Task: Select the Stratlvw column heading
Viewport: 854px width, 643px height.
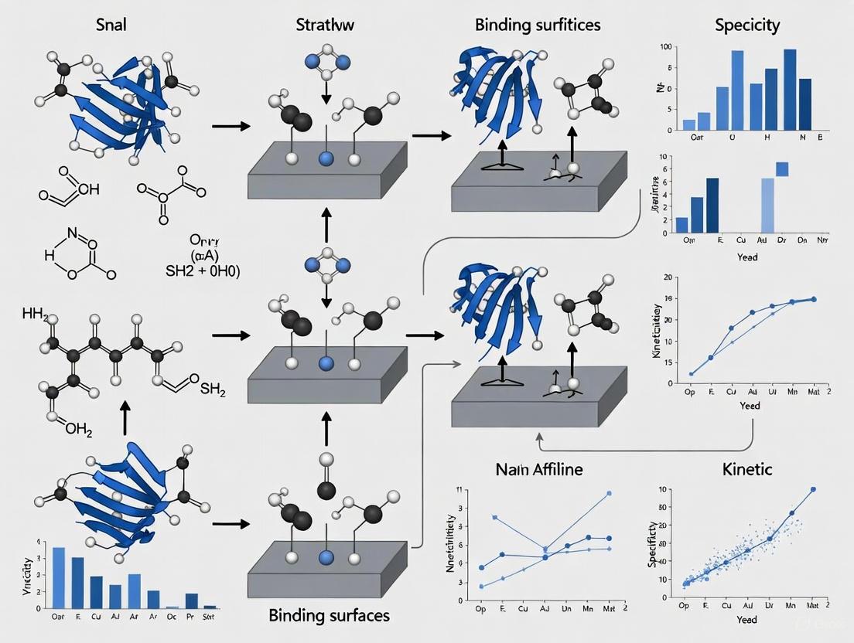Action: point(326,24)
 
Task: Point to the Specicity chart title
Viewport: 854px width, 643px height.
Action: point(746,24)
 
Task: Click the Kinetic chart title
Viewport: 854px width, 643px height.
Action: point(746,468)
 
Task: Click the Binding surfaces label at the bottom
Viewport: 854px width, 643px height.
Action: point(330,616)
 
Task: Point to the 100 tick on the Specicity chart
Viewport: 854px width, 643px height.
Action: point(664,48)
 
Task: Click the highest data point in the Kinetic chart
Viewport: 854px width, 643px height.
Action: point(812,489)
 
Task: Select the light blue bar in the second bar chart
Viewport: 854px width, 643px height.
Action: point(767,205)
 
